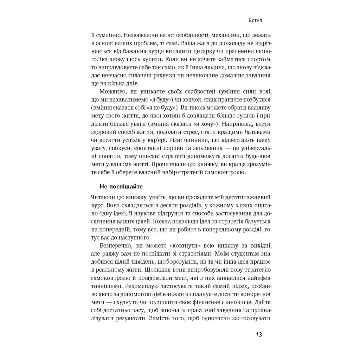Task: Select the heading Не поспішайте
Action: click(x=121, y=186)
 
